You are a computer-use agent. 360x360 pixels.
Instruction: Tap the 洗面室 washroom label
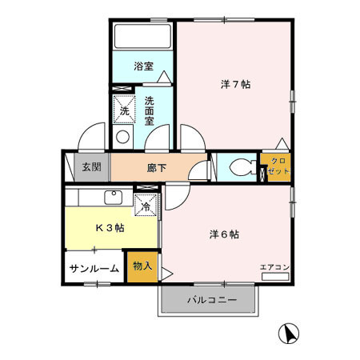151,110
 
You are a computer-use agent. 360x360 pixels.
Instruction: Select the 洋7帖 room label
235,84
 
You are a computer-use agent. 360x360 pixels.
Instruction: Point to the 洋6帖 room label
225,234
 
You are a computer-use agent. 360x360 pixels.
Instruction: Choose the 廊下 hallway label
157,168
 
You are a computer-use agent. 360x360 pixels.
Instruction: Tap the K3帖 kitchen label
110,227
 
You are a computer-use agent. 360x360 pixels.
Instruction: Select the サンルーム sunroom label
94,269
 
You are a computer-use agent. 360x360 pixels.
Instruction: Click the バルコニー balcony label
212,301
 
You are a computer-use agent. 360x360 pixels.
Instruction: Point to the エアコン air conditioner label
274,266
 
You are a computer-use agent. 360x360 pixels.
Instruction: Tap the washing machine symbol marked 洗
124,110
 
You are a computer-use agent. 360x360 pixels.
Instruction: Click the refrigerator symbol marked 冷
146,206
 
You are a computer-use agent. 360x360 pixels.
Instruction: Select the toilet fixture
239,168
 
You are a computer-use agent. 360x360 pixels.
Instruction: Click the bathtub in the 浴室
142,38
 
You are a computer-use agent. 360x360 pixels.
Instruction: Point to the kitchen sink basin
111,197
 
